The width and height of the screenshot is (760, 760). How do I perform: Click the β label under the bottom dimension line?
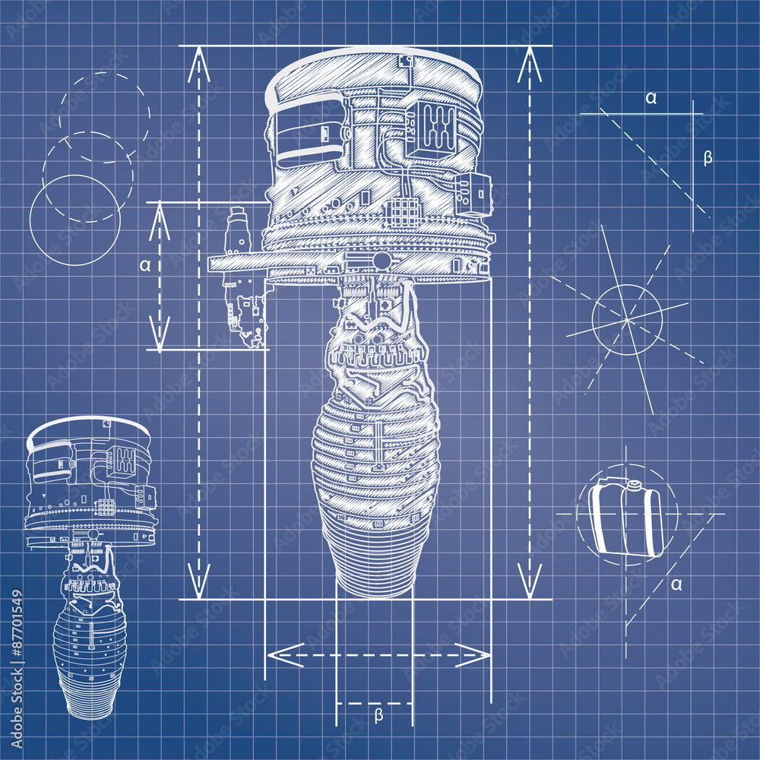[x=378, y=715]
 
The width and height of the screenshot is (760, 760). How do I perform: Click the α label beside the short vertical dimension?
[x=144, y=265]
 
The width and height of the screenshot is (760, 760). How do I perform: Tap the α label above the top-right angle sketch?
[x=651, y=97]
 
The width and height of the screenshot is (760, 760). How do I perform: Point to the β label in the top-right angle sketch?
[x=708, y=158]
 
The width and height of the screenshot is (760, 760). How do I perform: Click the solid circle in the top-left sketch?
[x=74, y=220]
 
